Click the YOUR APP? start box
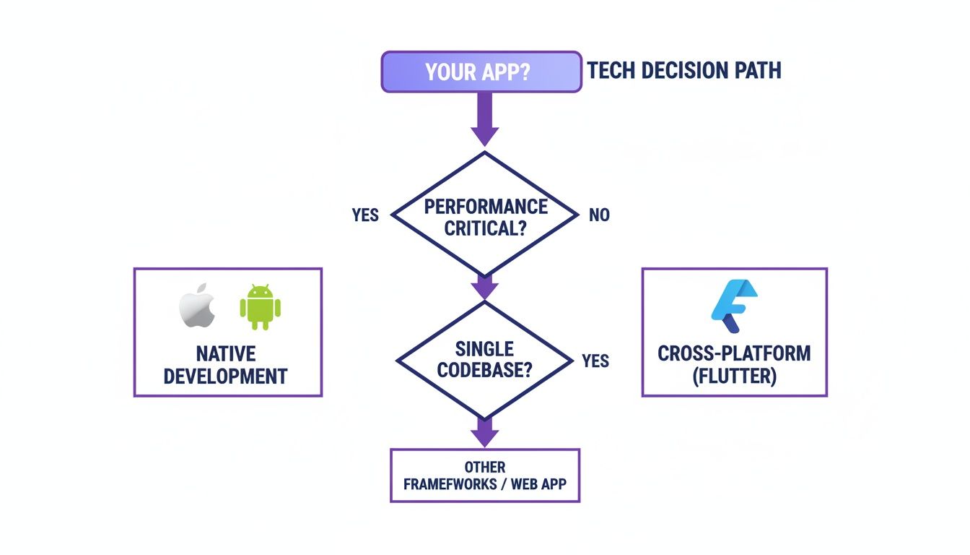(x=481, y=72)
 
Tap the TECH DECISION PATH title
(x=683, y=71)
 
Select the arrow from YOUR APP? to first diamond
(x=484, y=119)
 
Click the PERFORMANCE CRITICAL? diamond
(x=485, y=215)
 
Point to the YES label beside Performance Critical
(x=365, y=215)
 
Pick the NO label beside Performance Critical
(x=599, y=215)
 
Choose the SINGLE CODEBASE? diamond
(x=484, y=360)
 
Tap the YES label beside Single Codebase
(x=595, y=361)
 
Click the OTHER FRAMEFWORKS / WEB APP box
(x=484, y=476)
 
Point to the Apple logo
(x=197, y=306)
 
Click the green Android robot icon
(x=260, y=306)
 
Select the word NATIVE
(x=226, y=354)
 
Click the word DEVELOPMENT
(x=226, y=377)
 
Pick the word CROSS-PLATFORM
(x=734, y=354)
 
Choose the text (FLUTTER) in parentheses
(x=734, y=377)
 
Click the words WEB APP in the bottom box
(x=538, y=484)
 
